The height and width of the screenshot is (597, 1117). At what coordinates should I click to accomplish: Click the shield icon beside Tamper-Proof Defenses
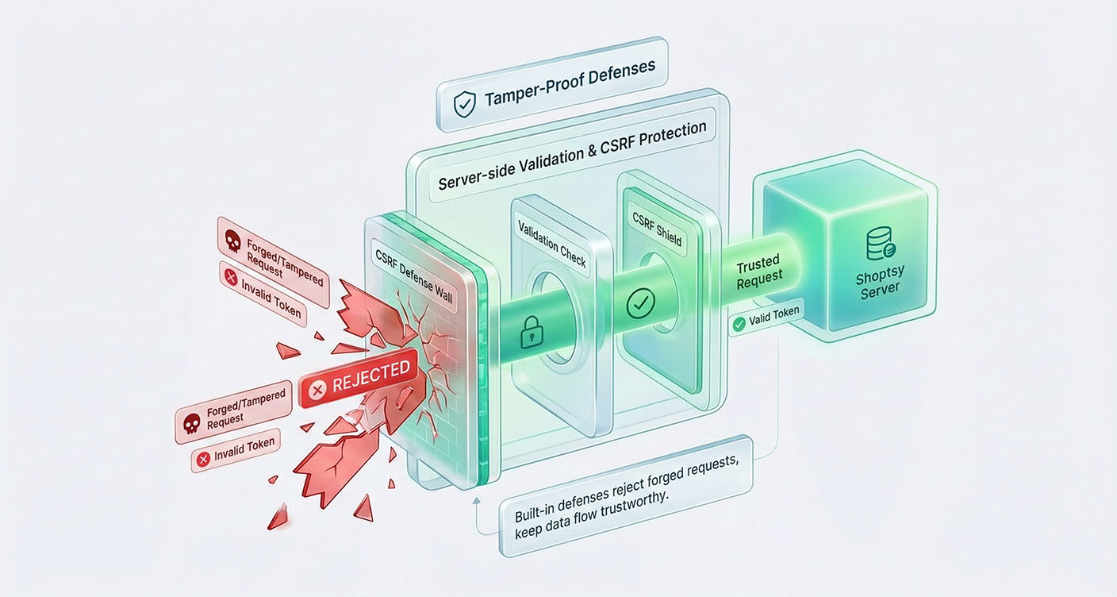pyautogui.click(x=463, y=104)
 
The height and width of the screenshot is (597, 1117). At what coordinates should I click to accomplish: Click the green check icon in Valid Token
pyautogui.click(x=739, y=323)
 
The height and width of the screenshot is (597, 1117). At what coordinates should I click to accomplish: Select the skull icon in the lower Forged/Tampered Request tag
pyautogui.click(x=191, y=423)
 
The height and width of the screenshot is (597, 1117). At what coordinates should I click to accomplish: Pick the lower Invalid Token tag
pyautogui.click(x=236, y=450)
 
